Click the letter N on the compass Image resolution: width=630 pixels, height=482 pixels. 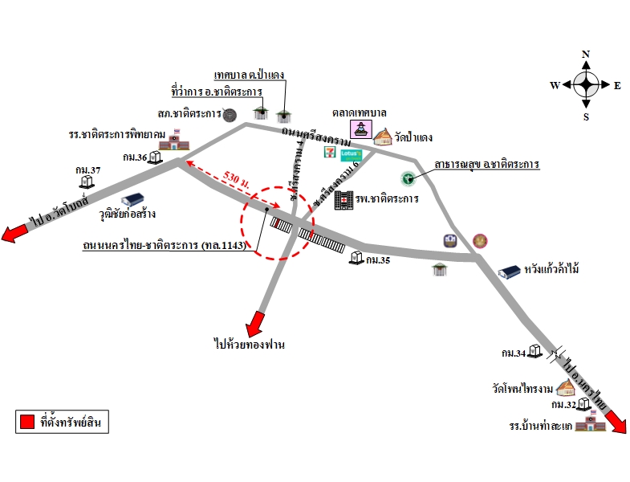pos(586,55)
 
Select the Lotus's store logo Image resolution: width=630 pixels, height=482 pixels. pos(352,153)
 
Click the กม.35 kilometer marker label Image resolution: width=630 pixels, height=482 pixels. pos(377,260)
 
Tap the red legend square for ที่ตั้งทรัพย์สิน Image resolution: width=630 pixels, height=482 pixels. pos(26,421)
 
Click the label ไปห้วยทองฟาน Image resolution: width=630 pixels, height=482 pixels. pos(250,345)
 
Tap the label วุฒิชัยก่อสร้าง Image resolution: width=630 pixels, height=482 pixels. pos(127,214)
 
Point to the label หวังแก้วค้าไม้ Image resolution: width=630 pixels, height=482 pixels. pos(550,269)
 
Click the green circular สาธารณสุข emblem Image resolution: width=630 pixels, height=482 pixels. pos(408,178)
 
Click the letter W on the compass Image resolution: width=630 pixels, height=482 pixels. pos(555,85)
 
